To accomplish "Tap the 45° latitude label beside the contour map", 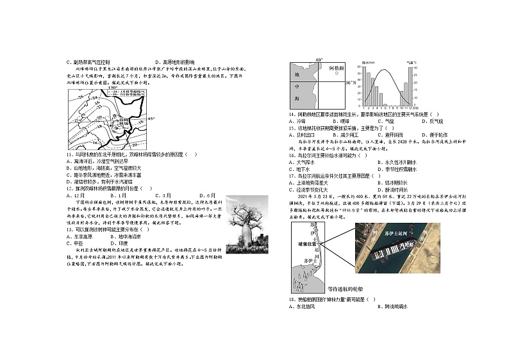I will coord(152,119).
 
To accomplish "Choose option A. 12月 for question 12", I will coord(75,195).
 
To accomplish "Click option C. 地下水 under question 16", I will coord(303,170).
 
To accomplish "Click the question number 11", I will coord(69,154).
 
